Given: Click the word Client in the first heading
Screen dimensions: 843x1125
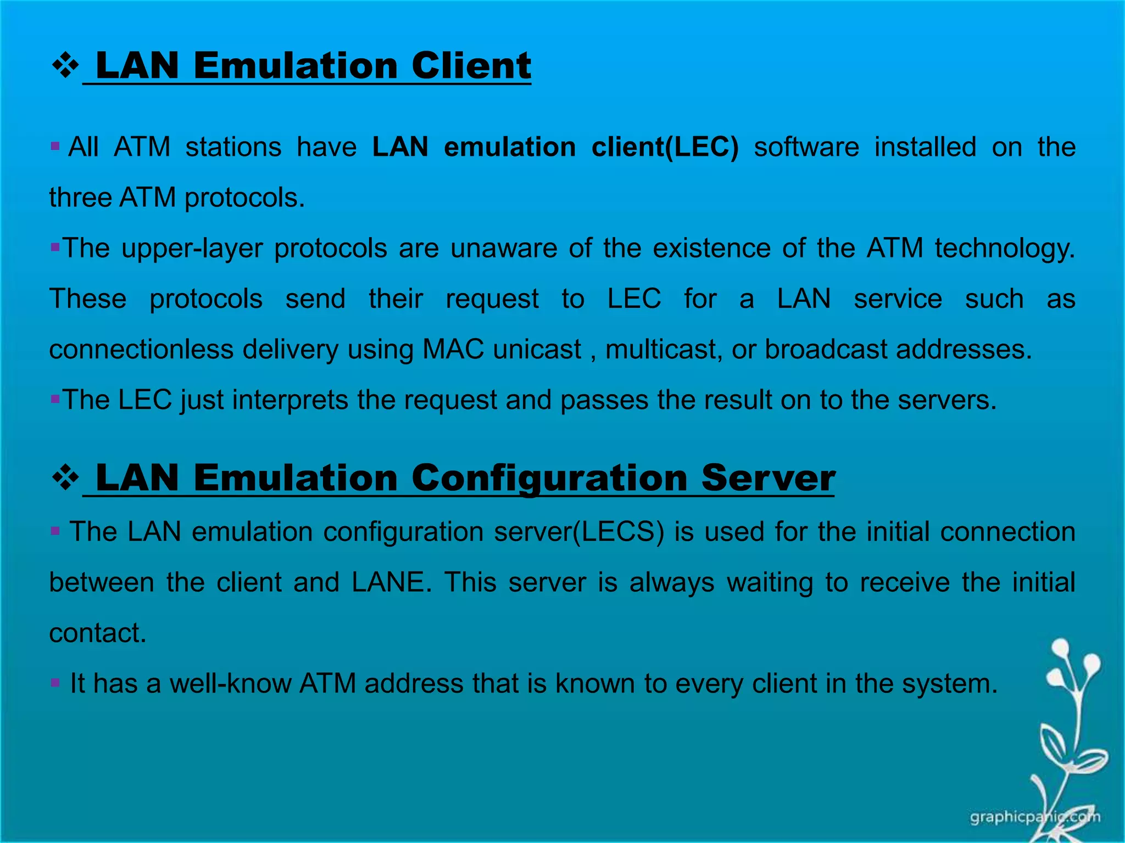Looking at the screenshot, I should click(x=471, y=66).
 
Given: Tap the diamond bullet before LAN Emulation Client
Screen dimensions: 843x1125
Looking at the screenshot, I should click(x=65, y=66).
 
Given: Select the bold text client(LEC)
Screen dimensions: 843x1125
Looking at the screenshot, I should click(x=665, y=147).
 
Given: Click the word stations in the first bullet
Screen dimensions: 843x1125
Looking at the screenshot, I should click(x=233, y=147).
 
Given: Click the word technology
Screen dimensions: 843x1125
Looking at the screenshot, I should click(x=1005, y=249).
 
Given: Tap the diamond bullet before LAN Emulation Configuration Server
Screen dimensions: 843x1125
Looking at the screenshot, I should click(x=65, y=478).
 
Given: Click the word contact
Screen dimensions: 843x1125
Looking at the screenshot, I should click(x=97, y=633).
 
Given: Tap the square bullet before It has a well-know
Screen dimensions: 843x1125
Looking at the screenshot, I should click(x=55, y=683).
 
